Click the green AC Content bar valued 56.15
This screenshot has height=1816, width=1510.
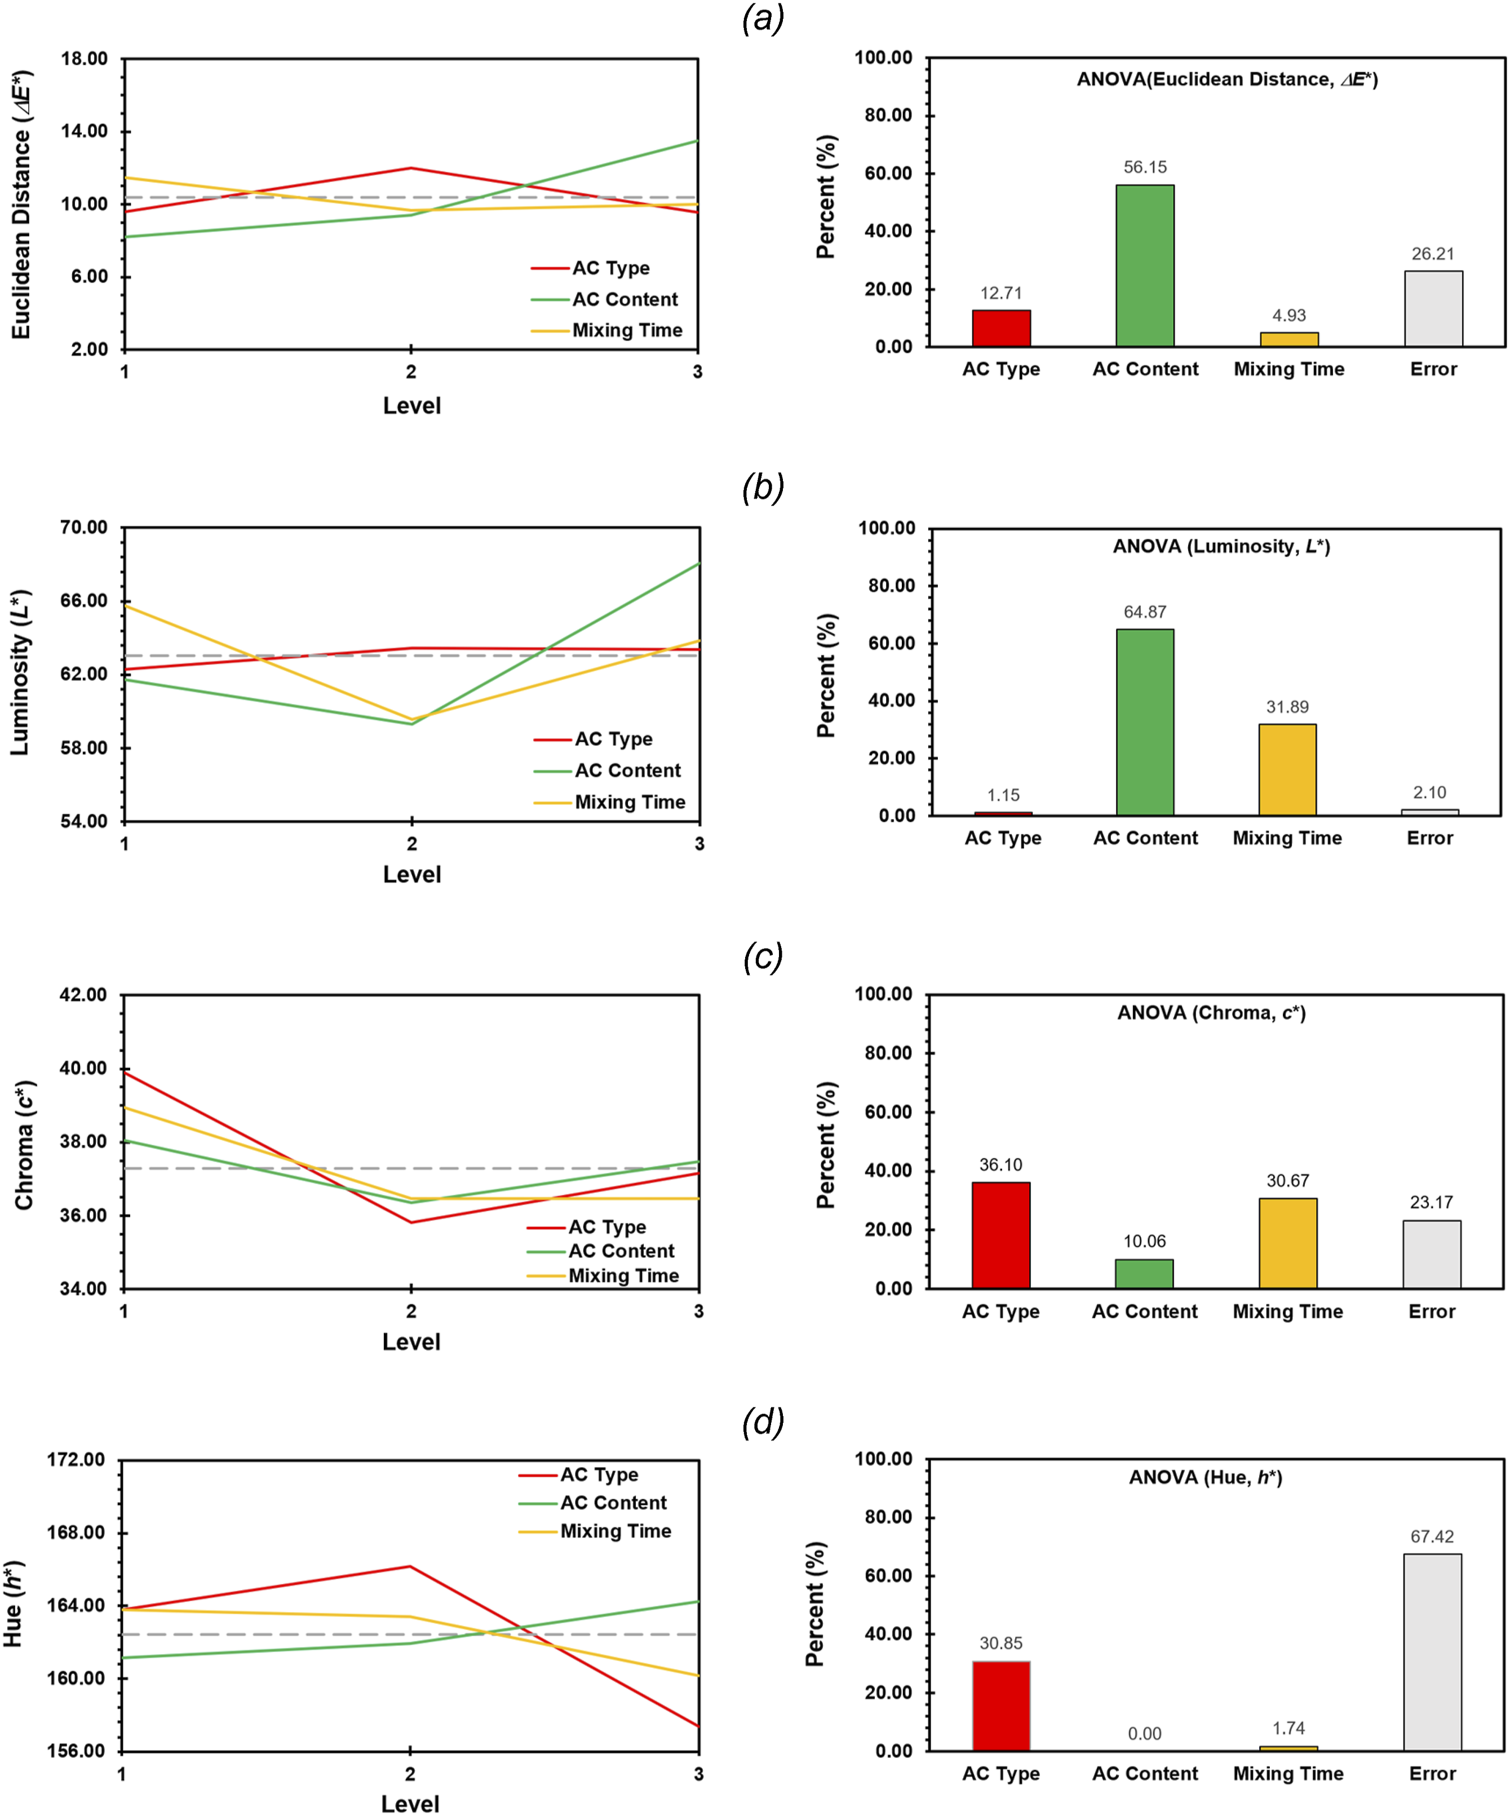(1144, 265)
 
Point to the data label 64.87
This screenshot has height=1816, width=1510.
(1144, 612)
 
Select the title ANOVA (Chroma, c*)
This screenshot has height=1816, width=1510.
(1211, 1013)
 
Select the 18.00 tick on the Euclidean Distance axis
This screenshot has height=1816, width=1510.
(84, 59)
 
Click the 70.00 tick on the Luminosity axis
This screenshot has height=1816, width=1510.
(84, 528)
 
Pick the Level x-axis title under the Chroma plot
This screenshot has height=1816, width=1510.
(411, 1342)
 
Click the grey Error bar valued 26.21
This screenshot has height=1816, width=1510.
(1433, 309)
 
